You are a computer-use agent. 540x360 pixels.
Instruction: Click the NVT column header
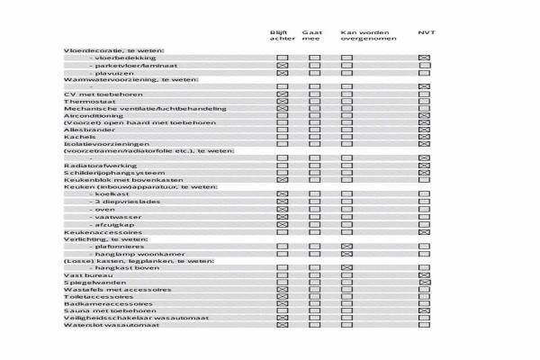click(427, 32)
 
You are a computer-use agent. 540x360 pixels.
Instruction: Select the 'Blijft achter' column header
click(282, 36)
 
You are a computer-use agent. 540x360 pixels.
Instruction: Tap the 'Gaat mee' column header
click(311, 36)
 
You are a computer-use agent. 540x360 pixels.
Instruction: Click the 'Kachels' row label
click(77, 137)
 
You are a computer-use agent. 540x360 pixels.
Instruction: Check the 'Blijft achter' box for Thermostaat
click(282, 102)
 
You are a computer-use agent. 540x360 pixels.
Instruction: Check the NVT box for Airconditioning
click(425, 115)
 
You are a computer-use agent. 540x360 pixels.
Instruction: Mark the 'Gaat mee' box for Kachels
click(314, 137)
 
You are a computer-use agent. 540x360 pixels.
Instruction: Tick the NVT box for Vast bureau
click(425, 274)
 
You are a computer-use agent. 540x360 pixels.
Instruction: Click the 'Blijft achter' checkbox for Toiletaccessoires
click(282, 296)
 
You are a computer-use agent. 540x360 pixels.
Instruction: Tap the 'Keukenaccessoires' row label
click(97, 232)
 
